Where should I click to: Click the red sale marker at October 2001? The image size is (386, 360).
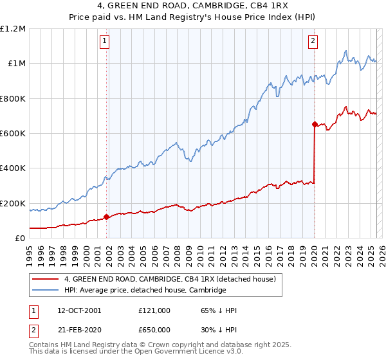[106, 217]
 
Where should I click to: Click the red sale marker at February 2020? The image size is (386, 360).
[315, 124]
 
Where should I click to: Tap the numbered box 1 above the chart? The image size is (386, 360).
[105, 42]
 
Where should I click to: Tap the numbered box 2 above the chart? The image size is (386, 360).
[313, 42]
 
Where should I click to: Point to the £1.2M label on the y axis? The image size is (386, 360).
[13, 29]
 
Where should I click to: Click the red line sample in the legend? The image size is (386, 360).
[46, 279]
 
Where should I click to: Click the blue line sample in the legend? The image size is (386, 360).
[46, 291]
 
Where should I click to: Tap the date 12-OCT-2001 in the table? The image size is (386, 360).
[79, 310]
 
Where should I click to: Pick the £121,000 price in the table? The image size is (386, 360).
[154, 310]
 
